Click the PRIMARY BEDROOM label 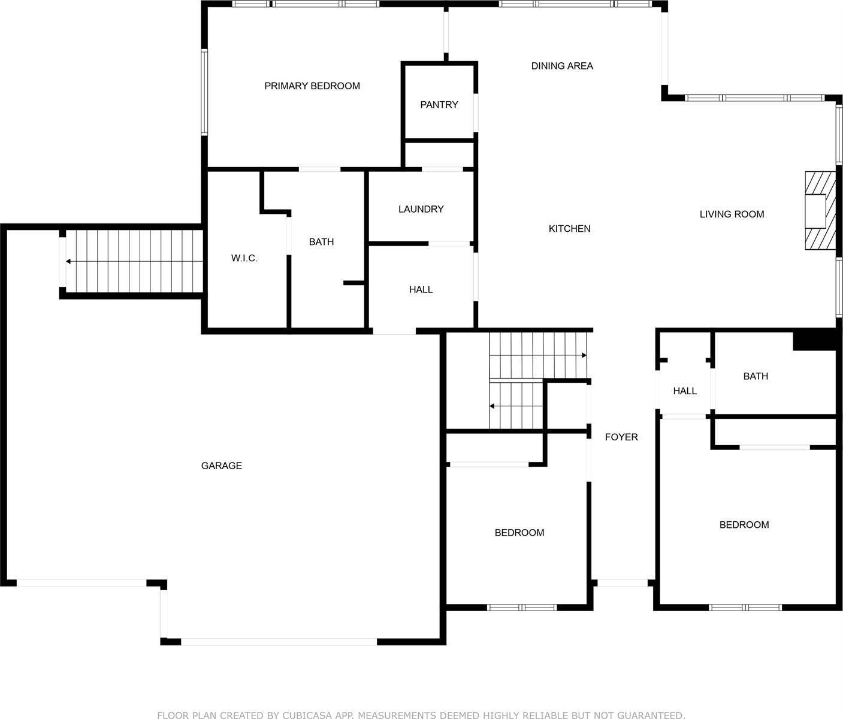(x=312, y=86)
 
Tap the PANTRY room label (x=439, y=105)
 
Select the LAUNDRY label (x=421, y=209)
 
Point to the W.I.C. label (x=244, y=258)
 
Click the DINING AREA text (x=562, y=66)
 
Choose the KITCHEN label (x=569, y=228)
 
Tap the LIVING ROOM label (x=732, y=214)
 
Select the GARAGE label (x=221, y=466)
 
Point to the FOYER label (x=621, y=437)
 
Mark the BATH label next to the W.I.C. (x=321, y=242)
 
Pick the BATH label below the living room (x=756, y=376)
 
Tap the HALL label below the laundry (x=421, y=289)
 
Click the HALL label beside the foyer (x=685, y=391)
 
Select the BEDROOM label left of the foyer (x=519, y=533)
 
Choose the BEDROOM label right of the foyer (x=744, y=525)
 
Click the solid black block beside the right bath (x=814, y=340)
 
